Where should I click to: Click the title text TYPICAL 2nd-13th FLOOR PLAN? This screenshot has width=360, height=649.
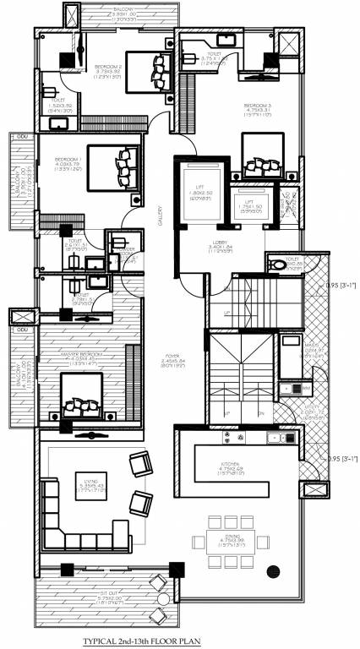pyautogui.click(x=180, y=641)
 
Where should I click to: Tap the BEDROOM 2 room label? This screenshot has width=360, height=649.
pyautogui.click(x=108, y=66)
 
